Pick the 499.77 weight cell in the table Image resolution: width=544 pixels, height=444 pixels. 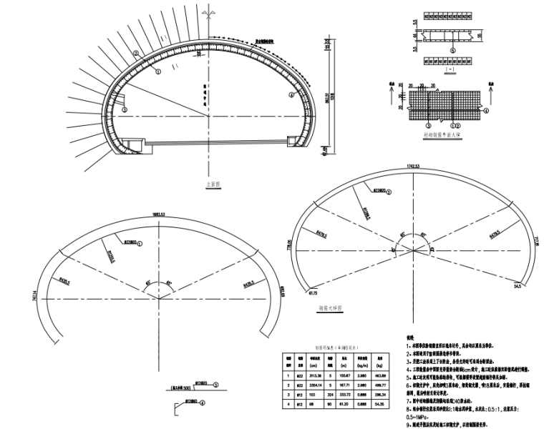[379, 385]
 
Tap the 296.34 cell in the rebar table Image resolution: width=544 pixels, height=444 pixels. [379, 395]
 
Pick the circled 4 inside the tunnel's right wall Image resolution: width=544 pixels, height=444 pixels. [291, 94]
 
